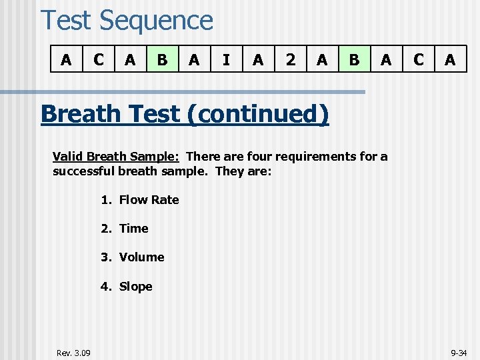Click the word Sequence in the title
click(156, 20)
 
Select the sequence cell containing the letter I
click(226, 60)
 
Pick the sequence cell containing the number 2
click(290, 60)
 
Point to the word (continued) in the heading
click(259, 114)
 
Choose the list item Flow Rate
click(149, 199)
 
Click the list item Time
click(133, 228)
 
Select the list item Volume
click(141, 257)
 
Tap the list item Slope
click(135, 286)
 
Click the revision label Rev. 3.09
click(74, 352)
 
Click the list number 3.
click(105, 257)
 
